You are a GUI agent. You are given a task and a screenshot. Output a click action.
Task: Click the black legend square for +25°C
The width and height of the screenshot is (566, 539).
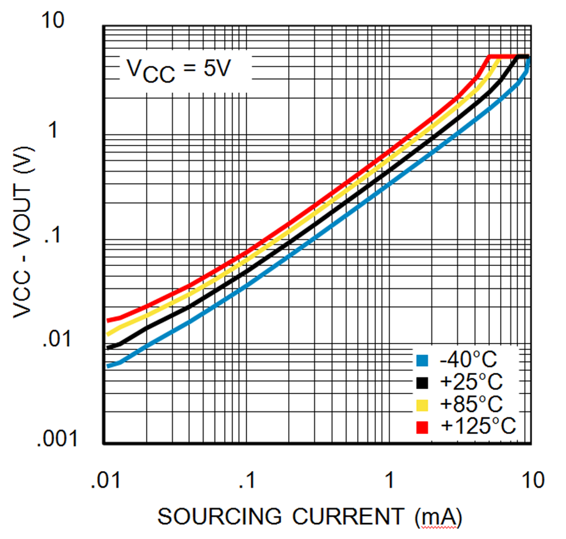coord(422,383)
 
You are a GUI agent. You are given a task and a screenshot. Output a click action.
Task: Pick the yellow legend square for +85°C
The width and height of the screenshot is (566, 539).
coord(422,405)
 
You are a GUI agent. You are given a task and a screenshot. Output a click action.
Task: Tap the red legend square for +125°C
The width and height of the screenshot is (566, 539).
coord(422,427)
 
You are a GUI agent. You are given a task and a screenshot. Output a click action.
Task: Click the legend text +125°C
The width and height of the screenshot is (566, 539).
coord(477,427)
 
